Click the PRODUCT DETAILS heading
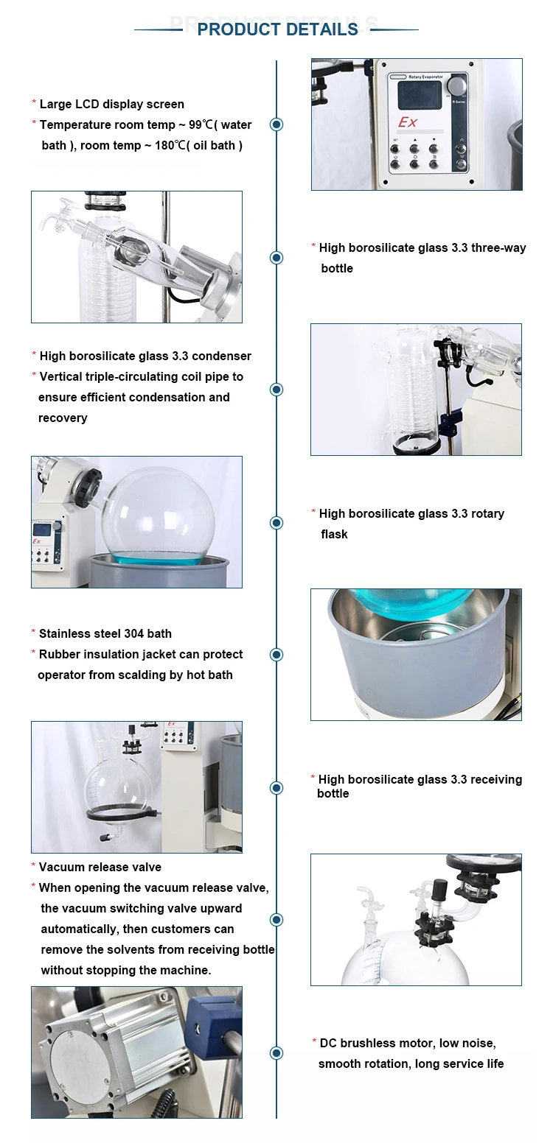[x=277, y=29]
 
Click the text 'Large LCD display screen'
[x=111, y=105]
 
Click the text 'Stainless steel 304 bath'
[x=105, y=633]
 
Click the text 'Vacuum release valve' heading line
[x=100, y=868]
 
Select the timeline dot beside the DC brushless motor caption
[x=276, y=1053]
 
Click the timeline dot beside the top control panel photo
[x=276, y=124]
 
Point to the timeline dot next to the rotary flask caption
[x=276, y=523]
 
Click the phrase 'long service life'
[x=459, y=1064]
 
